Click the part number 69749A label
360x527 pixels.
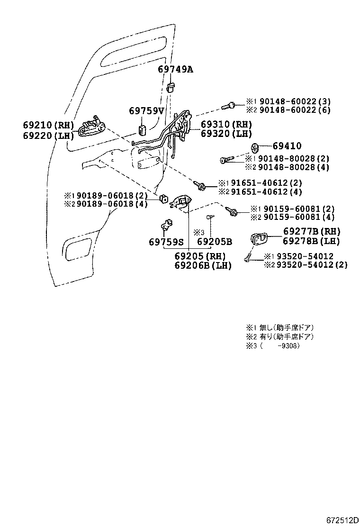pos(175,69)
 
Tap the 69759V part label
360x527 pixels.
pos(146,111)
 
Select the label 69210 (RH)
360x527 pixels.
pos(48,125)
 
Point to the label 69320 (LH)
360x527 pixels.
pos(226,134)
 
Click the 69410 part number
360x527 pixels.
pos(287,146)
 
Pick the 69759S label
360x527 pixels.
pos(166,242)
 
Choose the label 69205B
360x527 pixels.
pos(214,242)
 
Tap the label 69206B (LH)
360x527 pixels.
pos(202,265)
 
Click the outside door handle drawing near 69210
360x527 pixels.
pos(91,126)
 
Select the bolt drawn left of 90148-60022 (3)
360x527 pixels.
pos(229,105)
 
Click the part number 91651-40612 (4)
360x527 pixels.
pos(267,191)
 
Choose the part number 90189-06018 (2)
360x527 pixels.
pos(106,195)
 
